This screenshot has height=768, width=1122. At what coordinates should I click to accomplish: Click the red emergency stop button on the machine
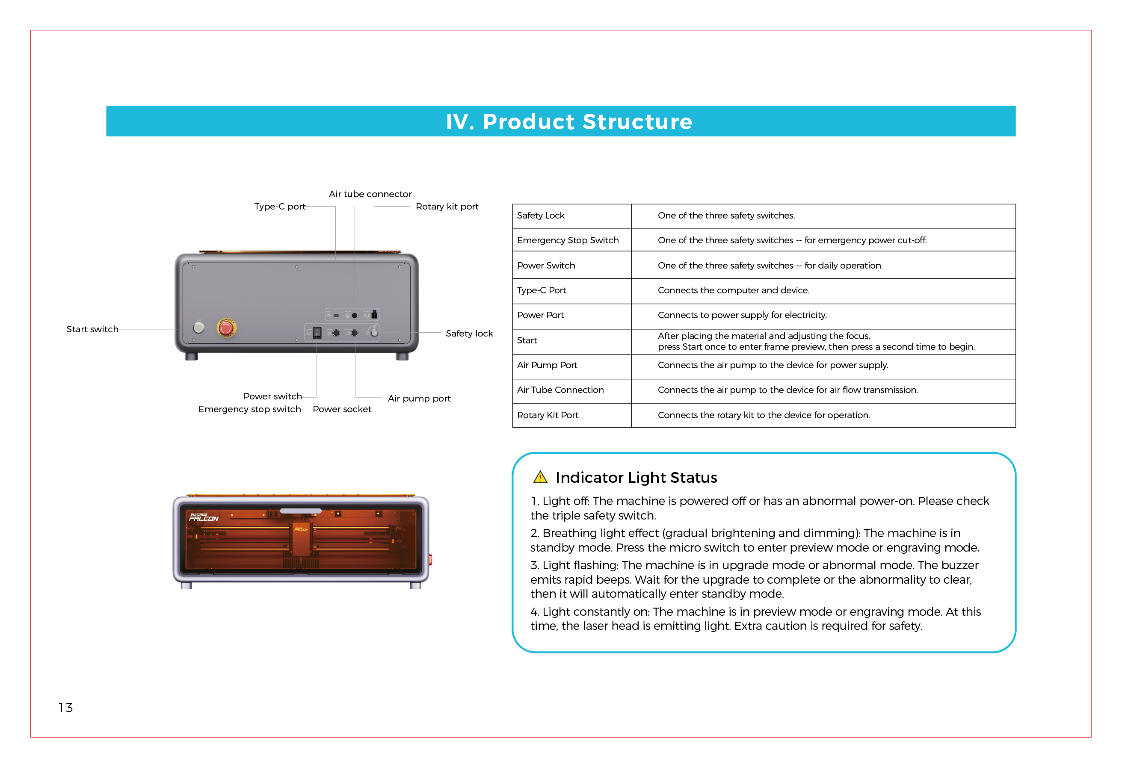pyautogui.click(x=226, y=328)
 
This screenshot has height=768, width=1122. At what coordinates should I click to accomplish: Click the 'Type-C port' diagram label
pyautogui.click(x=280, y=207)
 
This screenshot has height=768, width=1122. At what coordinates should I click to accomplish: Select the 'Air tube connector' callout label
pyautogui.click(x=370, y=194)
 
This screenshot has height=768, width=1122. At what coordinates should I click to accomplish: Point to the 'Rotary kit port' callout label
pyautogui.click(x=447, y=207)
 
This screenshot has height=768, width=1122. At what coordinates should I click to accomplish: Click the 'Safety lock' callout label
pyautogui.click(x=469, y=334)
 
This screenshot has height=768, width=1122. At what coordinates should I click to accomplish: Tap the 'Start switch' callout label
pyautogui.click(x=92, y=329)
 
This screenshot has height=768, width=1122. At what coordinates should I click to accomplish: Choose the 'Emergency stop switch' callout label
pyautogui.click(x=250, y=409)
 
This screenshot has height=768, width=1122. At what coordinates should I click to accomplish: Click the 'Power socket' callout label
pyautogui.click(x=342, y=409)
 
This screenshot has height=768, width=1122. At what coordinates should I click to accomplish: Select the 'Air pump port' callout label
pyautogui.click(x=419, y=399)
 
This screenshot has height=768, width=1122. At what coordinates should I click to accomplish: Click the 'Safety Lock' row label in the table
pyautogui.click(x=541, y=216)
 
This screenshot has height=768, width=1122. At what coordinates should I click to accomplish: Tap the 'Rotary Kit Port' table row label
pyautogui.click(x=548, y=415)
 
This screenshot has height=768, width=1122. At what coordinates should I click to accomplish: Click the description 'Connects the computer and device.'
pyautogui.click(x=733, y=291)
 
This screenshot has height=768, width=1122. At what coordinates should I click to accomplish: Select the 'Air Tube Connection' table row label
pyautogui.click(x=560, y=390)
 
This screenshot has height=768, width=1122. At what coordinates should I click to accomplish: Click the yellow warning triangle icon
pyautogui.click(x=540, y=477)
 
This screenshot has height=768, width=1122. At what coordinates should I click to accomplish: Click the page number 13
pyautogui.click(x=65, y=708)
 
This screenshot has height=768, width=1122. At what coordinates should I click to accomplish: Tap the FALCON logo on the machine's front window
pyautogui.click(x=204, y=517)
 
